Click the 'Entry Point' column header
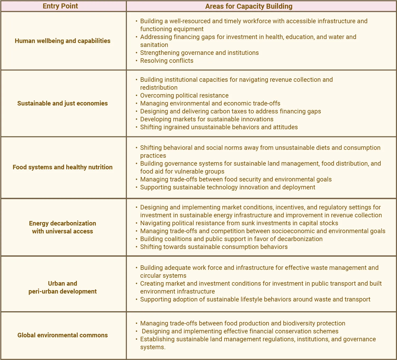(x=60, y=6)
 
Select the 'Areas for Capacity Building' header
(x=249, y=6)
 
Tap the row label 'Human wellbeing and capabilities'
(x=63, y=41)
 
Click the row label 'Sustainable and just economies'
(x=63, y=103)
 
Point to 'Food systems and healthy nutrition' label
(x=63, y=167)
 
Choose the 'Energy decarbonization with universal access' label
(x=63, y=227)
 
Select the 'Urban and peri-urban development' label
(x=63, y=287)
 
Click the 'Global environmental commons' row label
(x=63, y=335)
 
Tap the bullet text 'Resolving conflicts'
(x=167, y=61)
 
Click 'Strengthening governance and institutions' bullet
(x=199, y=53)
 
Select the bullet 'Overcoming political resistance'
(x=184, y=95)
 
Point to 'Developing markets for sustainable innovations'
(x=207, y=119)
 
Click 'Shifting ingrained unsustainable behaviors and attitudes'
(x=219, y=127)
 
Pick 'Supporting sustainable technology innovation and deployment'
(x=228, y=187)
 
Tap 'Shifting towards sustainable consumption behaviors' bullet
(x=214, y=247)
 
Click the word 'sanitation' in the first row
(x=154, y=45)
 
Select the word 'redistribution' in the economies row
(x=159, y=88)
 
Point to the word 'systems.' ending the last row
(x=153, y=347)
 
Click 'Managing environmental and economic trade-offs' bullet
(x=210, y=103)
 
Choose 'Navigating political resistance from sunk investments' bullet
(x=239, y=223)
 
